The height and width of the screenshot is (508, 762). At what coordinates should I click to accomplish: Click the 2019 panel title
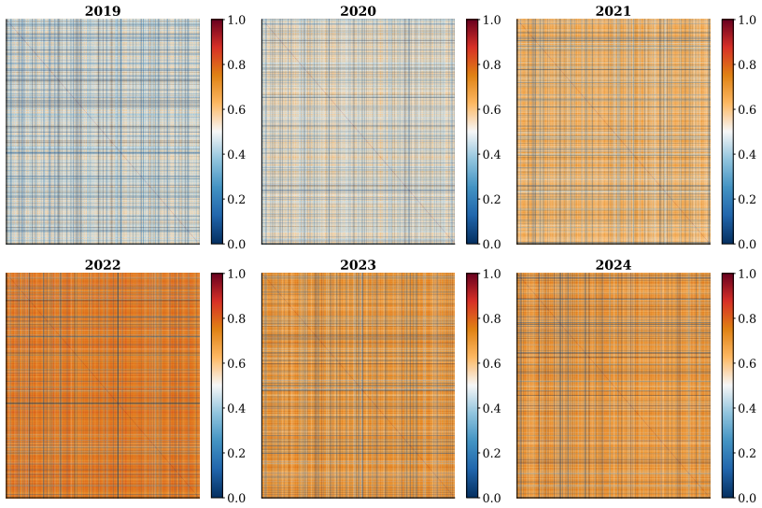point(103,10)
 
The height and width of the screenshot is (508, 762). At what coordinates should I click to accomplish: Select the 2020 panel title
point(358,10)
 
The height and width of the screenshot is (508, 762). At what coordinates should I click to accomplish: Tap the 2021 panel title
point(613,10)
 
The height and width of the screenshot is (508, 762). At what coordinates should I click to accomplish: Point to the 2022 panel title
point(103,264)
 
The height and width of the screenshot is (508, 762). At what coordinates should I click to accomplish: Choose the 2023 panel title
point(358,264)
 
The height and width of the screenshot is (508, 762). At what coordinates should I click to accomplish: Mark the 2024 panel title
point(613,264)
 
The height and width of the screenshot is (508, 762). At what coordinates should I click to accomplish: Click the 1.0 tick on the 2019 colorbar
point(236,20)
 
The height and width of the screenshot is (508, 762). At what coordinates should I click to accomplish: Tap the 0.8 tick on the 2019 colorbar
point(236,64)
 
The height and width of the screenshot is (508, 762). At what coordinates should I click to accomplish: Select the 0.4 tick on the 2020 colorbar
point(491,154)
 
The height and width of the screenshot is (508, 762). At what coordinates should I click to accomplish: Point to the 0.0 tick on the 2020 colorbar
point(491,244)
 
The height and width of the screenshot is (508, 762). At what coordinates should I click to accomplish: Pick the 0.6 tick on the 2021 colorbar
point(747,109)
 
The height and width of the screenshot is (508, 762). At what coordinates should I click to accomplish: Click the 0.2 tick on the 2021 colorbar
point(747,199)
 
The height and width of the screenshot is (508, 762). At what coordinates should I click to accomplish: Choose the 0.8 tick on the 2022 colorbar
point(236,318)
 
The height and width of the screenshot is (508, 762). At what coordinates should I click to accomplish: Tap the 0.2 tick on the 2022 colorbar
point(236,453)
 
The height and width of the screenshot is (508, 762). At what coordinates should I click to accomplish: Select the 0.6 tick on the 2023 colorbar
point(491,363)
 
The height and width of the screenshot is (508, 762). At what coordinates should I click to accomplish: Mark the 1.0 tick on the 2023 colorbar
point(491,274)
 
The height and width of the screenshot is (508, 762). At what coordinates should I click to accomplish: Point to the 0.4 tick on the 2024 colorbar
point(747,408)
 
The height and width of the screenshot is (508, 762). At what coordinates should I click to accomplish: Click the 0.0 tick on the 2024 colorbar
point(747,498)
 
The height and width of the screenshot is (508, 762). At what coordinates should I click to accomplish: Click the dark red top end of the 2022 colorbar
point(218,275)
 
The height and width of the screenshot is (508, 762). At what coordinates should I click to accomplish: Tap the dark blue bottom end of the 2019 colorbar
point(218,242)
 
